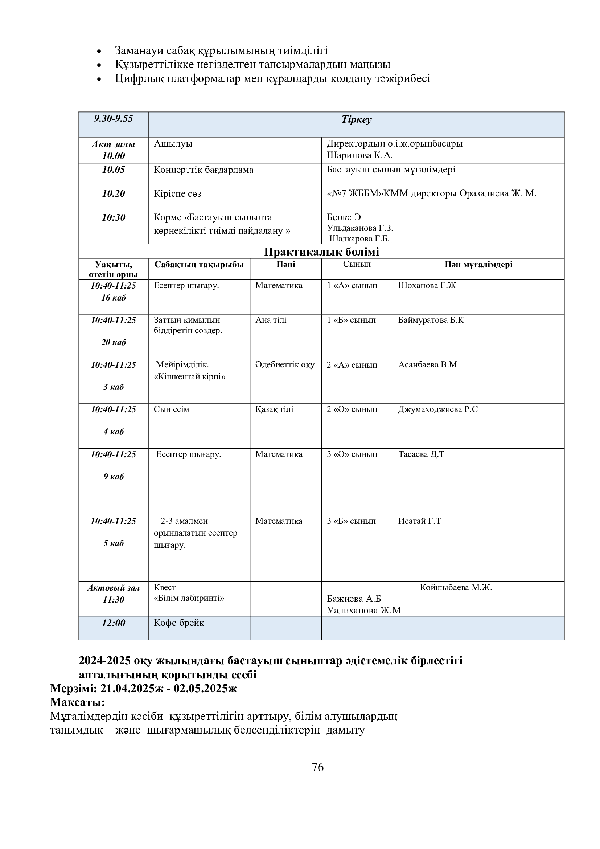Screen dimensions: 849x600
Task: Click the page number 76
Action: click(317, 767)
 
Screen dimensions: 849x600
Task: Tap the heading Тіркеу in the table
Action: click(356, 119)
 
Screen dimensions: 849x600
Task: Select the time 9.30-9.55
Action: click(114, 118)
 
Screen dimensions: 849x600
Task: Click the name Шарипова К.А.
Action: click(359, 155)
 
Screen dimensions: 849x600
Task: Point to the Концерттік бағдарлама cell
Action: click(204, 170)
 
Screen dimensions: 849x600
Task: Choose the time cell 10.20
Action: click(114, 193)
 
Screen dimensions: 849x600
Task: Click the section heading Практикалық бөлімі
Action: click(321, 252)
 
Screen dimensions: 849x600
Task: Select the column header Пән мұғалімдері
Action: click(478, 264)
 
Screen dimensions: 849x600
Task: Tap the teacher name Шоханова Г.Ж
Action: click(427, 285)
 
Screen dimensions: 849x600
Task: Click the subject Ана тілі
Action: click(271, 320)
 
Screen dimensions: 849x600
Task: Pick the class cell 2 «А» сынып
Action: click(352, 365)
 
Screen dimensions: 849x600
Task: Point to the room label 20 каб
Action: click(114, 342)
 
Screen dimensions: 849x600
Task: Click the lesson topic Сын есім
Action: click(172, 409)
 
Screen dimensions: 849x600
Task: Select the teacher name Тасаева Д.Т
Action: click(421, 454)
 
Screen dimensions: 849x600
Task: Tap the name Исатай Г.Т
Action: click(419, 521)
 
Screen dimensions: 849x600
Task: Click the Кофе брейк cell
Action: click(179, 623)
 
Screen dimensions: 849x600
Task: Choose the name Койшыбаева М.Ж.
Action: click(456, 587)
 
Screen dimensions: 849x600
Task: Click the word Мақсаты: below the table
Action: click(78, 702)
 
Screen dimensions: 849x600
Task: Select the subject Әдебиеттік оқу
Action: click(285, 365)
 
